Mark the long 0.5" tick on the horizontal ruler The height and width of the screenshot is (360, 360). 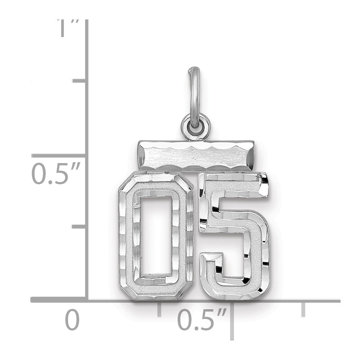click(232, 321)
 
